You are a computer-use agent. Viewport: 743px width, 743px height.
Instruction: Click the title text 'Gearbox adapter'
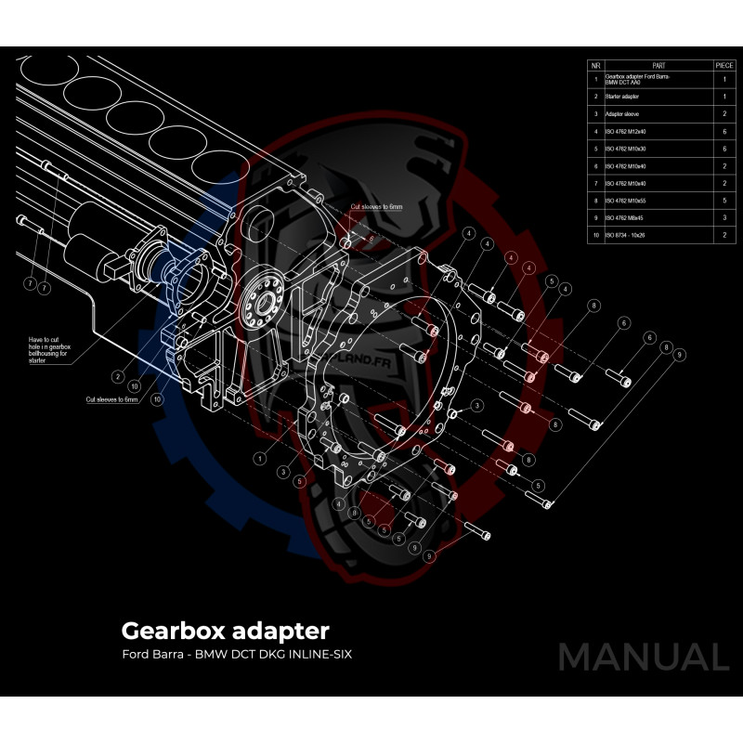pos(225,632)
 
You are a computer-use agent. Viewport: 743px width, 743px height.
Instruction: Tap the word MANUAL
pos(643,657)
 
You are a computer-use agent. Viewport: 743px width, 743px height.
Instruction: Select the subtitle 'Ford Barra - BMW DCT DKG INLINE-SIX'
pos(237,655)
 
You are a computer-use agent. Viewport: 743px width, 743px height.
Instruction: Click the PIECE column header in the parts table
pos(724,66)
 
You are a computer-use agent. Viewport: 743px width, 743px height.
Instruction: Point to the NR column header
pos(595,66)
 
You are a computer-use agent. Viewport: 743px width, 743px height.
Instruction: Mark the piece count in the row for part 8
pos(724,201)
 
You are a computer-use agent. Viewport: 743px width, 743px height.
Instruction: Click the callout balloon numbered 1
pos(261,458)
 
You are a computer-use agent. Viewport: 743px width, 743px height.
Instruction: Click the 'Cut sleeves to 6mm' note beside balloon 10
pos(111,399)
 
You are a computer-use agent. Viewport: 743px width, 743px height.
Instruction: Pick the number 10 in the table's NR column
pos(595,236)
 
